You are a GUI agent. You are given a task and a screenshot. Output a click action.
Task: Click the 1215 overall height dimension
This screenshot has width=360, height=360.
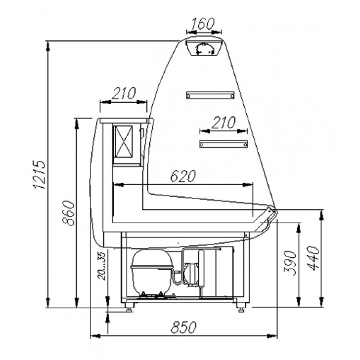(x=39, y=175)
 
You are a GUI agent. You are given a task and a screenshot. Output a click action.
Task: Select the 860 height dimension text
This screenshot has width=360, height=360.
(x=68, y=213)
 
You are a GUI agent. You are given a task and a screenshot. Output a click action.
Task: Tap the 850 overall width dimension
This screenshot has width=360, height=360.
(x=183, y=327)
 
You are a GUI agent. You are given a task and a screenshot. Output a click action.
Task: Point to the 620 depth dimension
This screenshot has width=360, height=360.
(x=183, y=176)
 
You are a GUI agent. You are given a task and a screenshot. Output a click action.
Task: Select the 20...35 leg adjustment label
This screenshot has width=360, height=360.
(x=101, y=265)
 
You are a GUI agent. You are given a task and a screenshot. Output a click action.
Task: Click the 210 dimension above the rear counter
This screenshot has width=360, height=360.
(x=124, y=93)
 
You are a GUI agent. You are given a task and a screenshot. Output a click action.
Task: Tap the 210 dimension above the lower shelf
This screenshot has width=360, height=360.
(x=223, y=122)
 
